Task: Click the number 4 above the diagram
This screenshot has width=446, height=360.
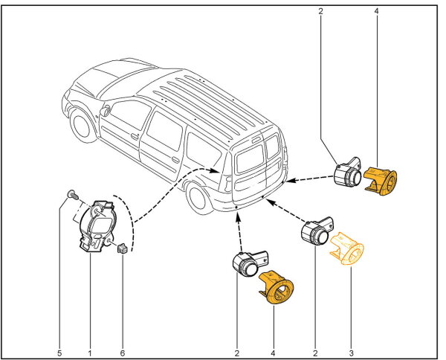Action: tap(377, 11)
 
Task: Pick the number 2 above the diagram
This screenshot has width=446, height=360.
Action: tap(320, 11)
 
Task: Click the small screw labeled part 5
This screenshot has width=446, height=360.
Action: tap(69, 195)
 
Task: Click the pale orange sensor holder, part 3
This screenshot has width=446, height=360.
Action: tap(350, 248)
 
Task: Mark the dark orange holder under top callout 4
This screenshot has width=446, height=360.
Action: tap(383, 181)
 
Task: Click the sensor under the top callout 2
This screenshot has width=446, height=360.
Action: tap(348, 174)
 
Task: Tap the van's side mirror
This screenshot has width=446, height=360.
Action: tap(106, 112)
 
